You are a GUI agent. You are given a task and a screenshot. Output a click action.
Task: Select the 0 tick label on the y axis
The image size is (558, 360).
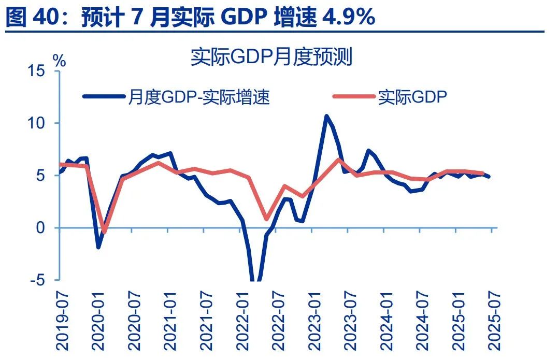(42, 228)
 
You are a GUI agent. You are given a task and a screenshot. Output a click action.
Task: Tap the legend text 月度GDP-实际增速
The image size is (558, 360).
(198, 96)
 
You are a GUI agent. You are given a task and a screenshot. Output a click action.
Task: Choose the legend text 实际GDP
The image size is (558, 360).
(412, 96)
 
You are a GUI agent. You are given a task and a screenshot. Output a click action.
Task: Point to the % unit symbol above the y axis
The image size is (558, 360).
(60, 61)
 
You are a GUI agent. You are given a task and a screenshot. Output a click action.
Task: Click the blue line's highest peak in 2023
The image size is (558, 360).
(326, 116)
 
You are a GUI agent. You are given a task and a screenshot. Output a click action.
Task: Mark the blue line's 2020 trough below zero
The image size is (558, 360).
(98, 247)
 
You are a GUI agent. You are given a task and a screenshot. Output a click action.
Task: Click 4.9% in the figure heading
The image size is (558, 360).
(348, 17)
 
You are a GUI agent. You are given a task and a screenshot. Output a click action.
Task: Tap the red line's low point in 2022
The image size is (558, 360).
(266, 219)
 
